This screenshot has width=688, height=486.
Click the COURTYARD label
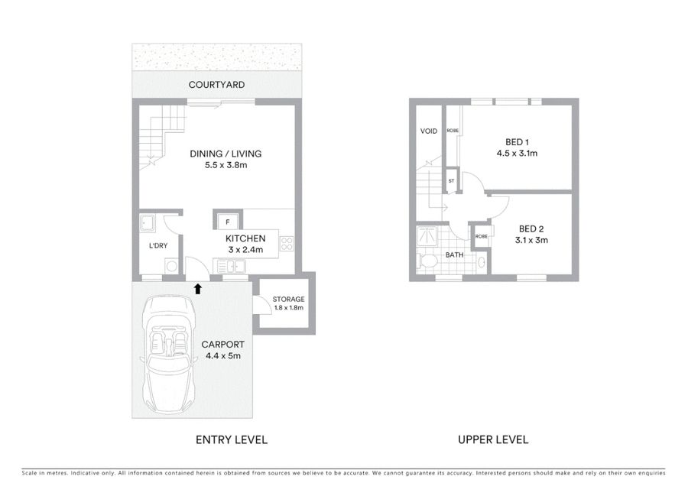(x=216, y=85)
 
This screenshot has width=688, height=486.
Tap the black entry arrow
(x=198, y=288)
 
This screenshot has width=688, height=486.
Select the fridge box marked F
(x=227, y=222)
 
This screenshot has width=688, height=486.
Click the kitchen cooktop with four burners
(x=287, y=244)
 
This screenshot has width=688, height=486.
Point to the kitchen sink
(x=231, y=267)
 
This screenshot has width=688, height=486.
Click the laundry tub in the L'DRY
(x=147, y=223)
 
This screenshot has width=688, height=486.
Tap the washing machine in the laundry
(x=171, y=266)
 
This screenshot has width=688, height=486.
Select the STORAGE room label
(x=288, y=299)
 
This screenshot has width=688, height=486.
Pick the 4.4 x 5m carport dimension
(x=223, y=356)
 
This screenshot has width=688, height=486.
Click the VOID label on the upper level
(x=429, y=131)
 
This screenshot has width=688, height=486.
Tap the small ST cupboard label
(x=451, y=180)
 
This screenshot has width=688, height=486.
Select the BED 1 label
(x=517, y=142)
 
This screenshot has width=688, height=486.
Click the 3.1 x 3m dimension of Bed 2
(x=531, y=240)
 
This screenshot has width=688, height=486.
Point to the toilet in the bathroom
(x=427, y=262)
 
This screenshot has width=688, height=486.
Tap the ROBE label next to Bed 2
(x=482, y=236)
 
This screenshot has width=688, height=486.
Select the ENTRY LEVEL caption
(x=231, y=439)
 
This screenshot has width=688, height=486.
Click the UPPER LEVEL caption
(x=493, y=439)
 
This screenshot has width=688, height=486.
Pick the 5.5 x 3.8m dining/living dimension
(x=226, y=165)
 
